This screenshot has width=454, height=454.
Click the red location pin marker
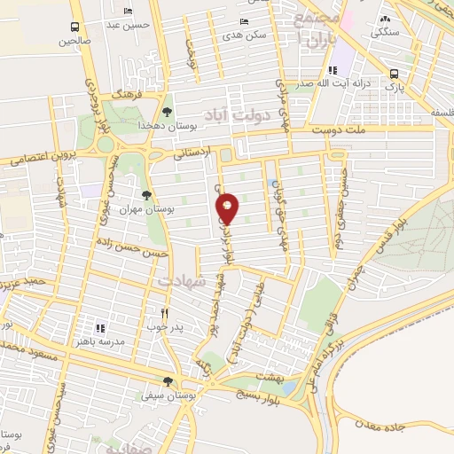point(229,210)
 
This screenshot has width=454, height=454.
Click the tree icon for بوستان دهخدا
point(167,112)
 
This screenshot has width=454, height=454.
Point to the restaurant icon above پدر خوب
point(164,313)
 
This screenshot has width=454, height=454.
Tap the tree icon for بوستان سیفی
point(180,382)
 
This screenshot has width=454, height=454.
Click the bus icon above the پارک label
point(394,74)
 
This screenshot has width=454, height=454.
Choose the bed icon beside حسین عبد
point(130,11)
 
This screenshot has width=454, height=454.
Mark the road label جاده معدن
point(383,427)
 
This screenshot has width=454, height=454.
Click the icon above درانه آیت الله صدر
point(332,70)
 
